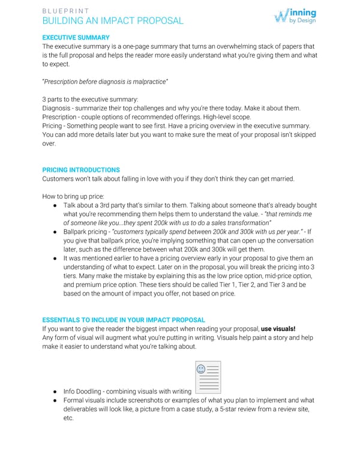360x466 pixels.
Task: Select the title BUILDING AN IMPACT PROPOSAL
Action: [x=113, y=21]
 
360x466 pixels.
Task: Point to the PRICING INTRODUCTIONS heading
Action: [x=81, y=170]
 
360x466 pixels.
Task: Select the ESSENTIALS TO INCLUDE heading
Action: [x=124, y=320]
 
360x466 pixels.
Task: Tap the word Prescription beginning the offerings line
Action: [x=61, y=117]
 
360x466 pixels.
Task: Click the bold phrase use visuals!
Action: [x=278, y=329]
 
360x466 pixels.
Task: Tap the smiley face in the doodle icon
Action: [x=201, y=369]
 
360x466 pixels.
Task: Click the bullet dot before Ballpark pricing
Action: [x=55, y=231]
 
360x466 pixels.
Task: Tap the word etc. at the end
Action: [x=68, y=419]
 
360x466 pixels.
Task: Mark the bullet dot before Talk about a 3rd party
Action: [x=55, y=205]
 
